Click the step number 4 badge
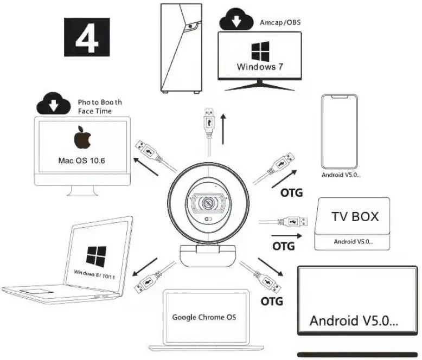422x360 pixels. pyautogui.click(x=87, y=37)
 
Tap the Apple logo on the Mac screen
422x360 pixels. pyautogui.click(x=83, y=138)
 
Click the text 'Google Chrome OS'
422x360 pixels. pyautogui.click(x=204, y=317)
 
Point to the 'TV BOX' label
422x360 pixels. pyautogui.click(x=355, y=217)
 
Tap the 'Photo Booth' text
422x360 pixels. pyautogui.click(x=100, y=102)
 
